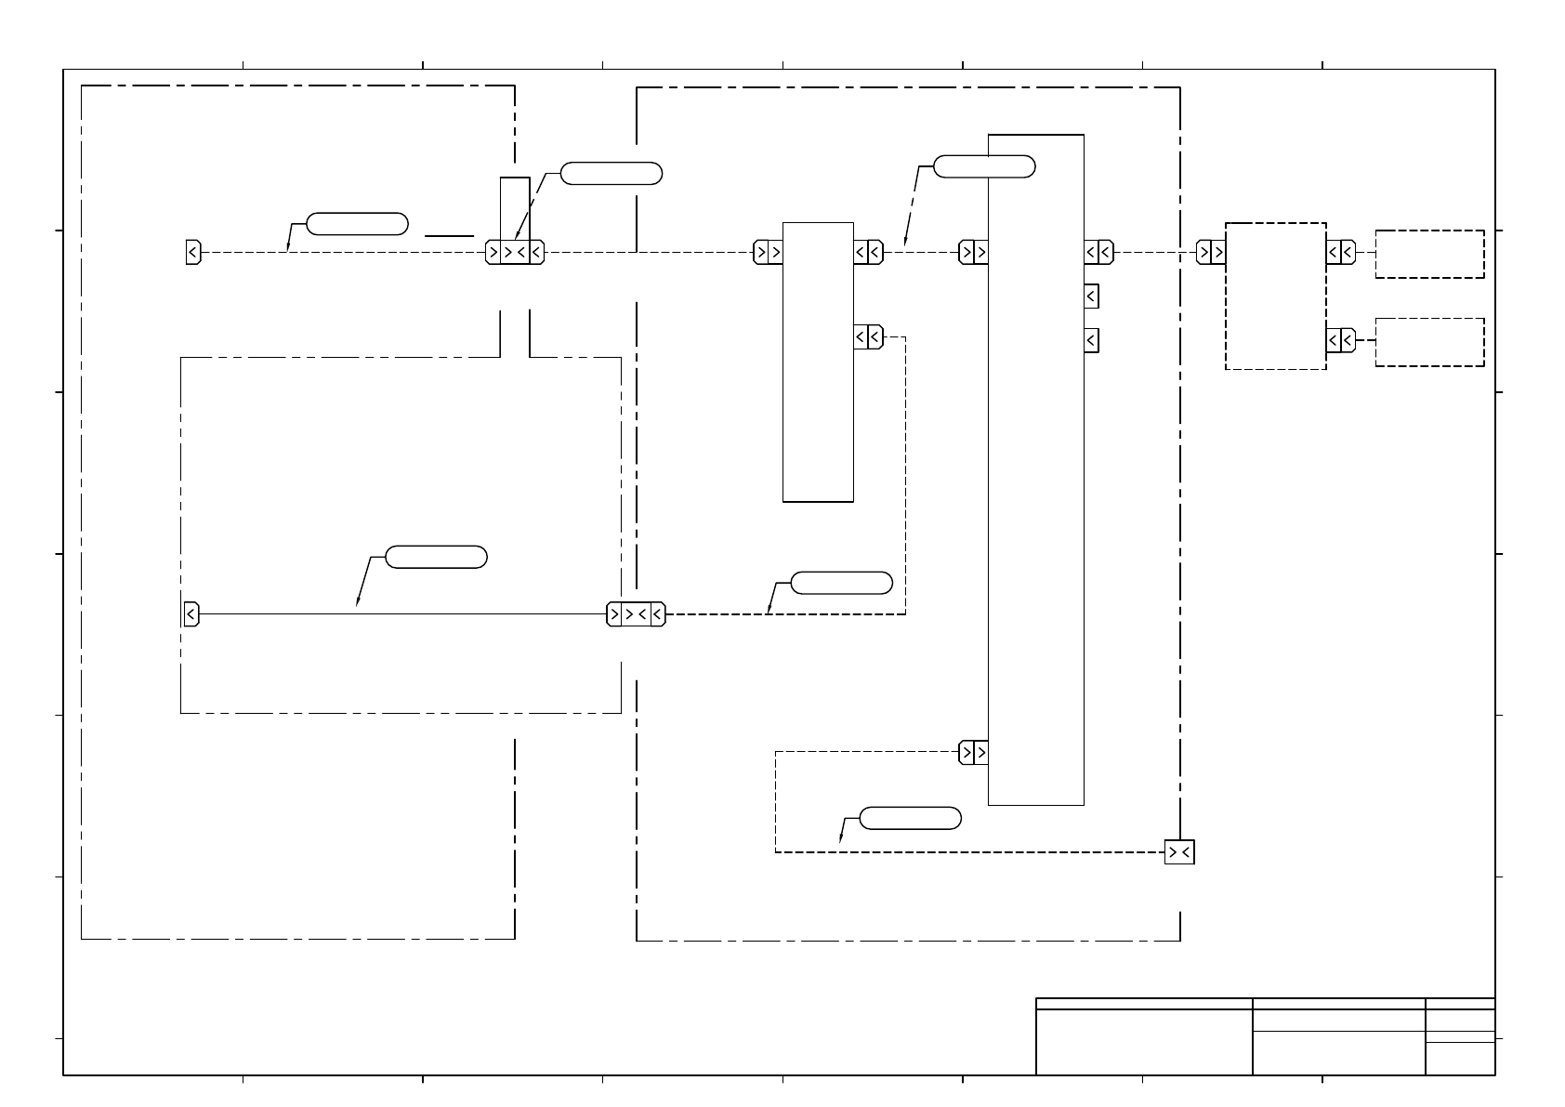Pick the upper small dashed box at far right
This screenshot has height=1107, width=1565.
pyautogui.click(x=1429, y=254)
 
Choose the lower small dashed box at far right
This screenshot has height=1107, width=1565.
pyautogui.click(x=1429, y=341)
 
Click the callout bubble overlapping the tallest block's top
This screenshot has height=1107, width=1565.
pyautogui.click(x=983, y=166)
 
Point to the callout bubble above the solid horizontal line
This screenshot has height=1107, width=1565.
pyautogui.click(x=436, y=557)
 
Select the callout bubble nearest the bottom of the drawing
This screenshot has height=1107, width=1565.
pyautogui.click(x=910, y=818)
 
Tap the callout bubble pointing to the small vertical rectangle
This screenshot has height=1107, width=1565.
pyautogui.click(x=612, y=173)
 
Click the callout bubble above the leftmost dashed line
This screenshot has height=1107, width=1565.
pyautogui.click(x=357, y=223)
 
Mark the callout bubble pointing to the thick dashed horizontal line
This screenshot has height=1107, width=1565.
pyautogui.click(x=841, y=583)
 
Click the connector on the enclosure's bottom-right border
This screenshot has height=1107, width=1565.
pyautogui.click(x=1179, y=852)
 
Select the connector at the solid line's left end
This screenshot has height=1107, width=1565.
pyautogui.click(x=191, y=614)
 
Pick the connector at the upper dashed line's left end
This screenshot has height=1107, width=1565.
pyautogui.click(x=193, y=252)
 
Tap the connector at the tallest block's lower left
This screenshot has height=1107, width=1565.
pyautogui.click(x=973, y=752)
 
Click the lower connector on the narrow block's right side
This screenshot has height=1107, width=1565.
pyautogui.click(x=868, y=336)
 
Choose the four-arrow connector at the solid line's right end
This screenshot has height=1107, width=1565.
pyautogui.click(x=636, y=614)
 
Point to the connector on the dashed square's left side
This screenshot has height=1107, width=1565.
pyautogui.click(x=1210, y=252)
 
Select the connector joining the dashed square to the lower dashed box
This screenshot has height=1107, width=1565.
pyautogui.click(x=1340, y=339)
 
